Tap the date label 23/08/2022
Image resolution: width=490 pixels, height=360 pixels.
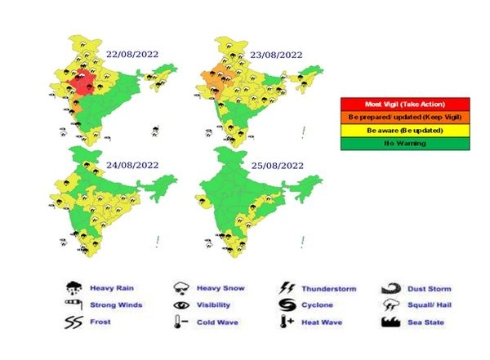[x=276, y=54]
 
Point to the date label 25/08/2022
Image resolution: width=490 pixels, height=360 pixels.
[x=276, y=164]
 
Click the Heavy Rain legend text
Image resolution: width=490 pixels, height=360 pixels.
[x=112, y=288]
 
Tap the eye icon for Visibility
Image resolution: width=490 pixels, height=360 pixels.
[x=181, y=305]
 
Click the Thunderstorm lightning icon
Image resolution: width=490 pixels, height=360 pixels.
[x=287, y=288]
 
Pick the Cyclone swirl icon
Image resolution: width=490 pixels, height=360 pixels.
[x=287, y=305]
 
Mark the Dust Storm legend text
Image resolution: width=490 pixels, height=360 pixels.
[x=428, y=288]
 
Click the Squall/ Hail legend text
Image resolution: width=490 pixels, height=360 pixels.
[x=429, y=305]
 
